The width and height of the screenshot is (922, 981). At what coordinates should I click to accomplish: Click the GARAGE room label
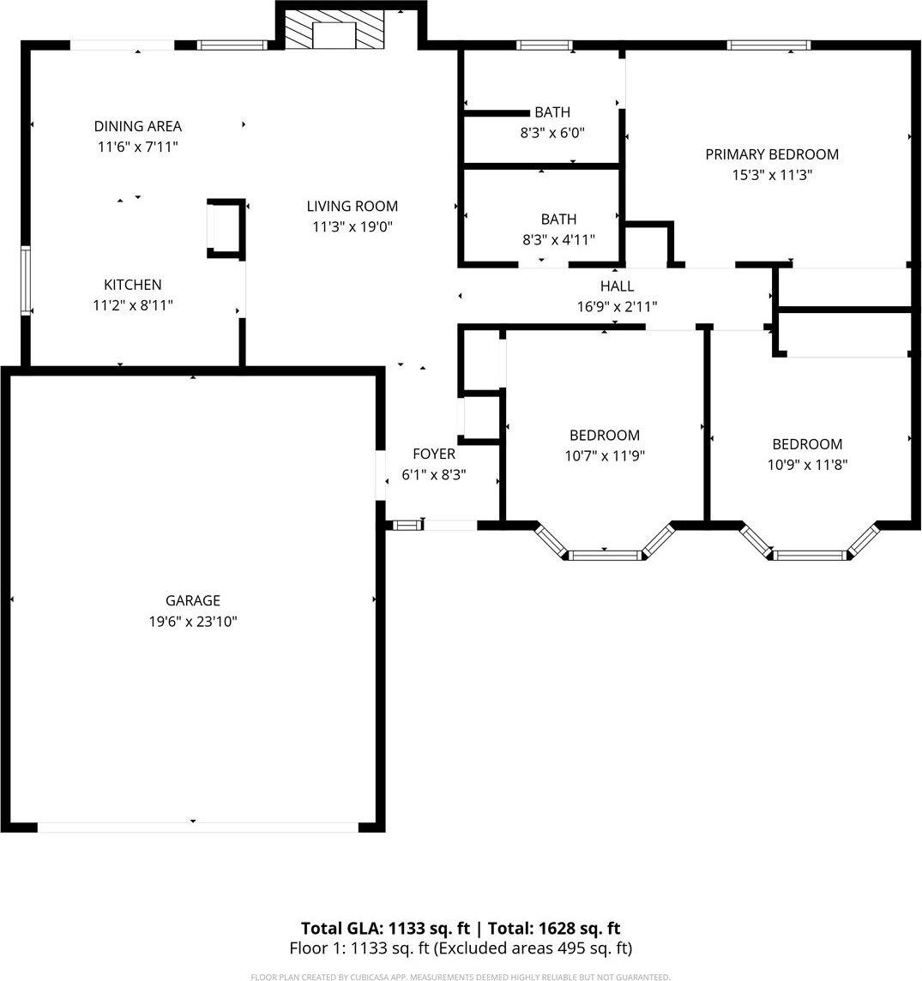(192, 600)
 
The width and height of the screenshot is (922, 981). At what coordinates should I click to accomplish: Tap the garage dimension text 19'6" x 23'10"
(192, 622)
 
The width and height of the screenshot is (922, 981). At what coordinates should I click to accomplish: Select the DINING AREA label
(137, 126)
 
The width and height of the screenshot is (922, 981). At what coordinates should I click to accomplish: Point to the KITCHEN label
(132, 285)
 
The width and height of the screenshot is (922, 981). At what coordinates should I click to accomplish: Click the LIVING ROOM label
(352, 206)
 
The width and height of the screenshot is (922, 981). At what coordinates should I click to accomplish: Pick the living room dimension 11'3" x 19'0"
(352, 227)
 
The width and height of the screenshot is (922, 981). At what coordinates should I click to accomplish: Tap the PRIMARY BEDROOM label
(771, 154)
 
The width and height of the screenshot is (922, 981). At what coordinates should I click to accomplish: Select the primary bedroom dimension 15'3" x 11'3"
(771, 176)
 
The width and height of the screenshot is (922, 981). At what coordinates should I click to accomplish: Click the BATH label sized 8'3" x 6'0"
(551, 112)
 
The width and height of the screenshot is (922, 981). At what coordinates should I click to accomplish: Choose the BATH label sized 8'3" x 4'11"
(558, 220)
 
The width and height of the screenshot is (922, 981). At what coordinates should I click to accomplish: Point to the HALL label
(617, 286)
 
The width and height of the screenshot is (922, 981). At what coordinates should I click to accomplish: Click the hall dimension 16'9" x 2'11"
(617, 307)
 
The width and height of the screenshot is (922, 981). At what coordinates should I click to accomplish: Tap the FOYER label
(434, 454)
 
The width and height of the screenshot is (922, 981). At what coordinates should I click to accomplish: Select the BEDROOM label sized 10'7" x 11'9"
(604, 435)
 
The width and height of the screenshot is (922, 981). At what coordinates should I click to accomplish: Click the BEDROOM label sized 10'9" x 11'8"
(807, 444)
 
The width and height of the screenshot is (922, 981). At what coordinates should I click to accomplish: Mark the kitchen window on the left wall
(26, 280)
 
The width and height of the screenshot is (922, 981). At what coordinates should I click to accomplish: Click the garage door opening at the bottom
(197, 828)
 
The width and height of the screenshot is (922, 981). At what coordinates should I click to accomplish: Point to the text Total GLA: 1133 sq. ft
(385, 928)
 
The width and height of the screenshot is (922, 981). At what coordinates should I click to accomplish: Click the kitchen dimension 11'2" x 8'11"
(132, 305)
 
